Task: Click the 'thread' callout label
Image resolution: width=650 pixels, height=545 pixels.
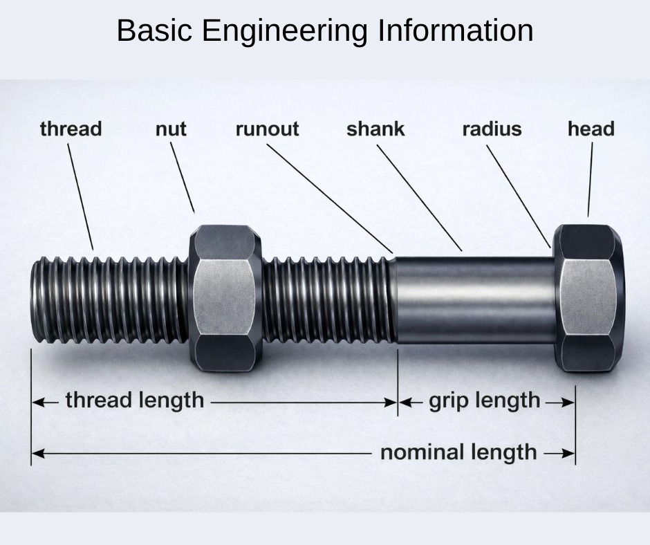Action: (71, 129)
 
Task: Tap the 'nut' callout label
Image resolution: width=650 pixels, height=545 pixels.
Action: (171, 129)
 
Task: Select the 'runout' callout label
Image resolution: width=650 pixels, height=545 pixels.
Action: (268, 129)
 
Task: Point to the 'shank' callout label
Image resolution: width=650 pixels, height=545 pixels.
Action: (375, 129)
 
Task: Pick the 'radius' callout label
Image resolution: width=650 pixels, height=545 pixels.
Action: (492, 129)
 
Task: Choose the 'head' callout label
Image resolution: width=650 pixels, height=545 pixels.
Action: (591, 129)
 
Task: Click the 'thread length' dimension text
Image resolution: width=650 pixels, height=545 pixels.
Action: (135, 400)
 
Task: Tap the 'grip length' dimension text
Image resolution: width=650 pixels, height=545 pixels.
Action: (485, 400)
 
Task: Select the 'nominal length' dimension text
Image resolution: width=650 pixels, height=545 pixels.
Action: (458, 452)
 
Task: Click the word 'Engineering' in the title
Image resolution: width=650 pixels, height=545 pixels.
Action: (285, 30)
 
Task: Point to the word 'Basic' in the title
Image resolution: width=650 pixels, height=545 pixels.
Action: (154, 30)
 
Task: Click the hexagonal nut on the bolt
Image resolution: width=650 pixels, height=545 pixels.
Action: (225, 298)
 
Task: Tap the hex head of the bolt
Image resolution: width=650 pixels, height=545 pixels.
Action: (589, 298)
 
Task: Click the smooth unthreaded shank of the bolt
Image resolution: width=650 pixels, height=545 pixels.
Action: (474, 300)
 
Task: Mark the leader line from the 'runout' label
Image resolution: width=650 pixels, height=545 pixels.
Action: (330, 198)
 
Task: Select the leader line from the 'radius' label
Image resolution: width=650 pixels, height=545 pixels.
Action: (519, 196)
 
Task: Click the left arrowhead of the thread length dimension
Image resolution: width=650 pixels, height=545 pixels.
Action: (38, 403)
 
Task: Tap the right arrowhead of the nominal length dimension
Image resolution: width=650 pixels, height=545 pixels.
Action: (568, 453)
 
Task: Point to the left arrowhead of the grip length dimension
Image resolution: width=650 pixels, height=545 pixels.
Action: (405, 403)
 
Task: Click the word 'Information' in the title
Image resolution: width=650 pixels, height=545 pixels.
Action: (456, 30)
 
